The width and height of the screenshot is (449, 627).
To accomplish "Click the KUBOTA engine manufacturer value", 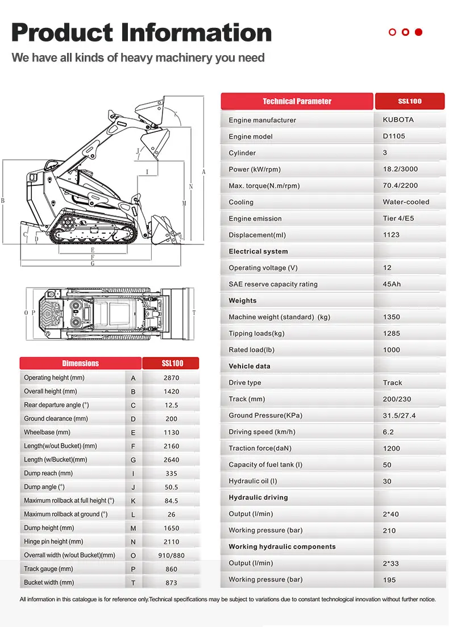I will tap(394, 120).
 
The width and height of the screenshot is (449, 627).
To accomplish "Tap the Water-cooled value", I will tap(406, 202).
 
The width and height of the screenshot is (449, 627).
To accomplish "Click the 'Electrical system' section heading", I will tap(258, 251).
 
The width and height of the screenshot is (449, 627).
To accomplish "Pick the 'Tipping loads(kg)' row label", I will tap(256, 334).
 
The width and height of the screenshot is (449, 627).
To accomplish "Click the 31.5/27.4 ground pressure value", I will tap(399, 416).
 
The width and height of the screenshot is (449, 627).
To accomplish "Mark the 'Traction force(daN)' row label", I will tap(259, 449).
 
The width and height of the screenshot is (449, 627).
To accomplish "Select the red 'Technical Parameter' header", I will tap(297, 101).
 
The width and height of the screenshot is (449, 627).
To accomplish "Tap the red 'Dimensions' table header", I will tap(80, 363).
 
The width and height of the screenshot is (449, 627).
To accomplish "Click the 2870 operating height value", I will tap(171, 378).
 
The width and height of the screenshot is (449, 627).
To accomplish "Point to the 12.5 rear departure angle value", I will tap(171, 405).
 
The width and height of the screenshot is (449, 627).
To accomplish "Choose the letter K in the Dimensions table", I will tap(133, 501).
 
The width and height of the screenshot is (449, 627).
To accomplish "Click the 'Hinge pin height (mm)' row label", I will tap(53, 542).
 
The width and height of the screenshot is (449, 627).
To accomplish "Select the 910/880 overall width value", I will tap(171, 555).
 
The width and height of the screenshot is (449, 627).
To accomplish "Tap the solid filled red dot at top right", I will tap(419, 32).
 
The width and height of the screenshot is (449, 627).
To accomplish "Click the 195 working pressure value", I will tap(389, 580).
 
